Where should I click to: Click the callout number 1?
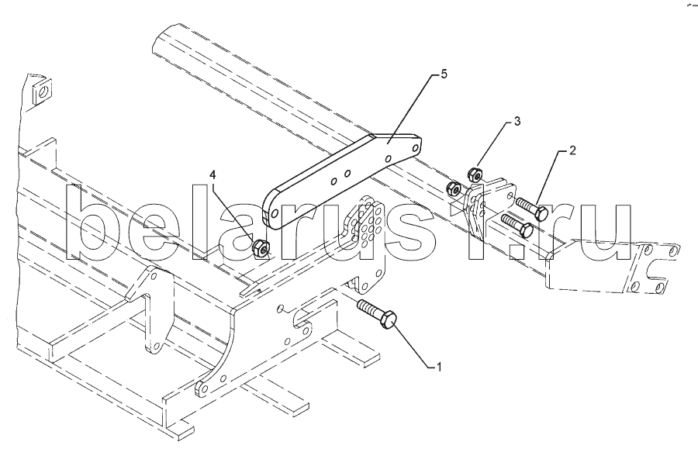point(439,366)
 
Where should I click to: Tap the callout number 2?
point(572,150)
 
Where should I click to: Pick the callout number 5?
point(444,74)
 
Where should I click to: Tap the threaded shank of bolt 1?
point(368,307)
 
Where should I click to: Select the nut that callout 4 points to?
point(261,248)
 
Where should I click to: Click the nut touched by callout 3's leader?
point(476,174)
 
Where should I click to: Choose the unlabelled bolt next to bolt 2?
point(518,226)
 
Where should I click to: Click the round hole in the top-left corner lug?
point(43,91)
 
